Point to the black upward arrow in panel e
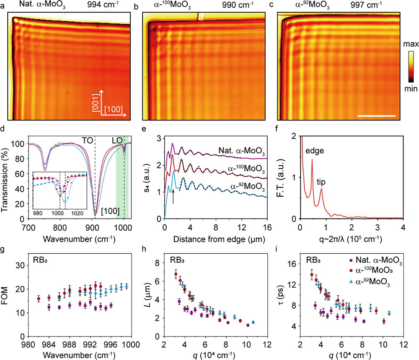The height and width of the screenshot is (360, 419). point(173,196)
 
